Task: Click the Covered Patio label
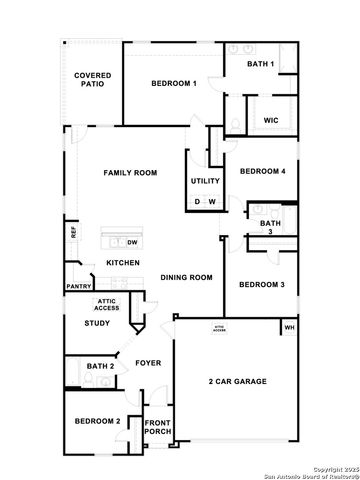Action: click(x=92, y=81)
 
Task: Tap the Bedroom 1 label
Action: click(x=173, y=84)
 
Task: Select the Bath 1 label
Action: click(x=260, y=65)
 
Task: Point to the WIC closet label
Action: click(x=270, y=120)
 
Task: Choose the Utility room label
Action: click(x=205, y=181)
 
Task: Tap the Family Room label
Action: click(x=131, y=173)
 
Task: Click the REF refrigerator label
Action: click(x=73, y=231)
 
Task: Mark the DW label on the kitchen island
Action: click(x=133, y=242)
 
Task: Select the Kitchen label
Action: click(x=123, y=263)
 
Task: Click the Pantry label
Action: click(x=79, y=286)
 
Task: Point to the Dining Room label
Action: click(x=187, y=277)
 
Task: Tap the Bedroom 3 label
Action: click(x=262, y=285)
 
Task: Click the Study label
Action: click(x=97, y=323)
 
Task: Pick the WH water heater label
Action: click(x=290, y=327)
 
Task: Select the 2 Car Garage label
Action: click(x=237, y=382)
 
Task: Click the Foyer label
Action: click(x=148, y=363)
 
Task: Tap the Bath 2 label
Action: click(x=101, y=367)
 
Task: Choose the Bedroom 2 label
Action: click(x=97, y=421)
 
